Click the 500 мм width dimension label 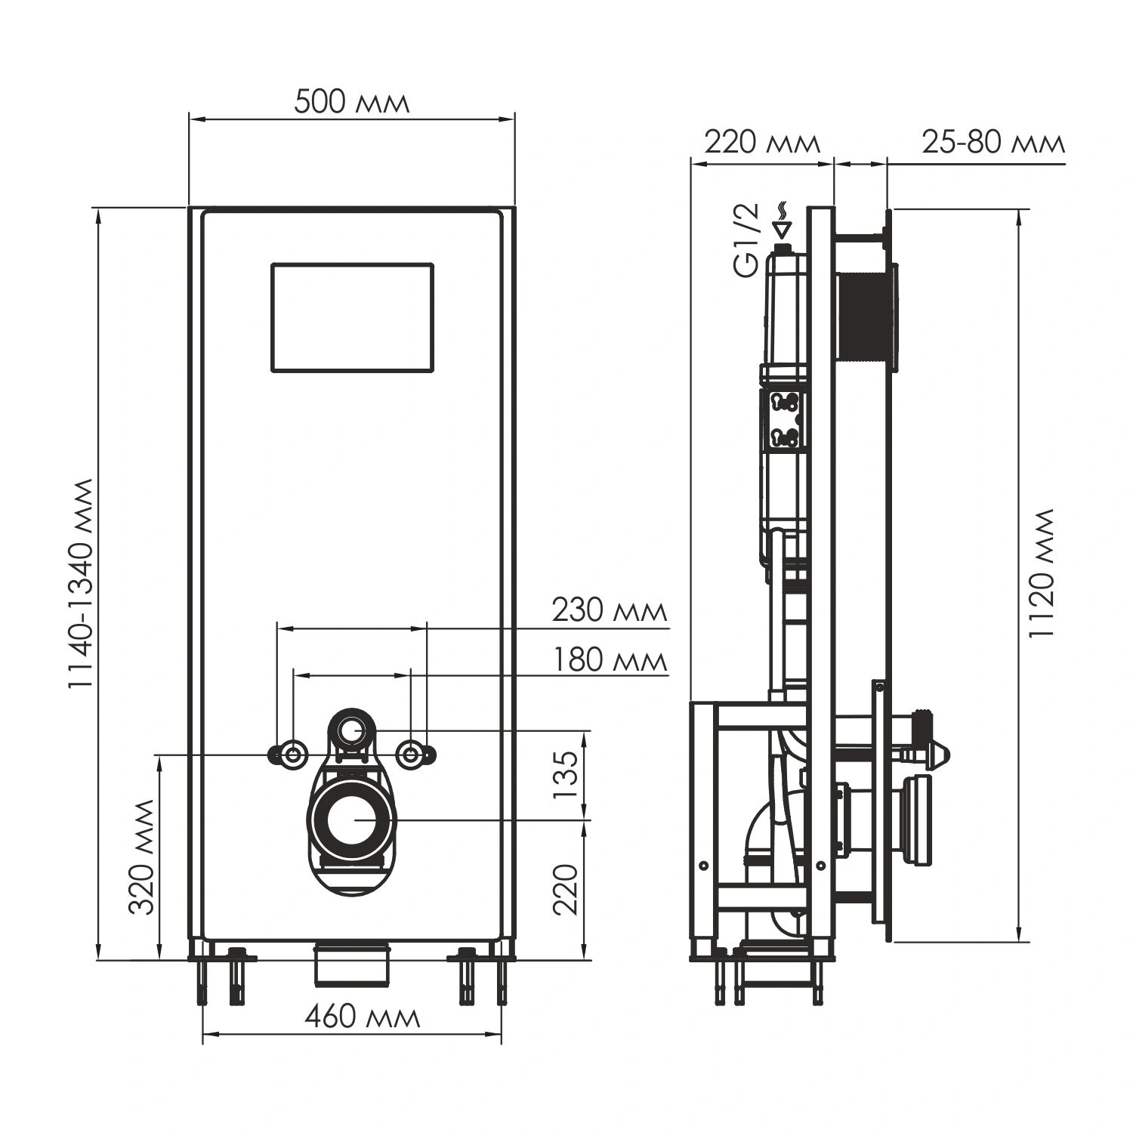(351, 102)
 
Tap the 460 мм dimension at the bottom (362, 1017)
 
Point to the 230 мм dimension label (609, 610)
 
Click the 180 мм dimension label (609, 660)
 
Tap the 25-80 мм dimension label (993, 142)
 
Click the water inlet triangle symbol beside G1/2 (783, 227)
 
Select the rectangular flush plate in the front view (352, 318)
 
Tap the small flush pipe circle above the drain (351, 730)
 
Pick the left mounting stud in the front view (292, 754)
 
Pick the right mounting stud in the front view (411, 754)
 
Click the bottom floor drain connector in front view (352, 964)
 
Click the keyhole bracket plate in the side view (785, 419)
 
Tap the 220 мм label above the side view (761, 142)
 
